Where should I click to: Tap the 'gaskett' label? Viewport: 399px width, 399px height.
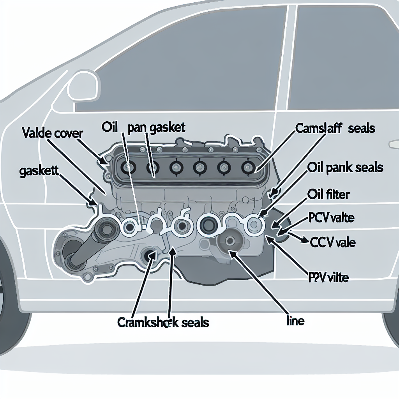click(39, 172)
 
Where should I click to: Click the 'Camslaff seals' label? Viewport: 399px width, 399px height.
click(335, 128)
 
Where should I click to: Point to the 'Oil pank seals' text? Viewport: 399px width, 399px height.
click(345, 168)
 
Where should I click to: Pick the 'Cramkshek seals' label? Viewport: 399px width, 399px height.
click(163, 323)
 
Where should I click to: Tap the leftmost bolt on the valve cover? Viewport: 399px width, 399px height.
click(127, 168)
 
